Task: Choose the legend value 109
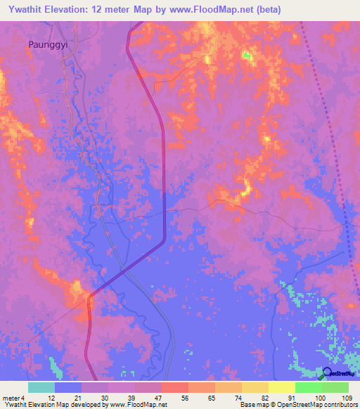(345, 398)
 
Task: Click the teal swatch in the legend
(41, 387)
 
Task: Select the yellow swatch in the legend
(281, 387)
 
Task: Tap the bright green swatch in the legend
(308, 387)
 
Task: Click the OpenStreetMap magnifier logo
(327, 373)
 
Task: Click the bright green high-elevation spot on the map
(247, 55)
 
